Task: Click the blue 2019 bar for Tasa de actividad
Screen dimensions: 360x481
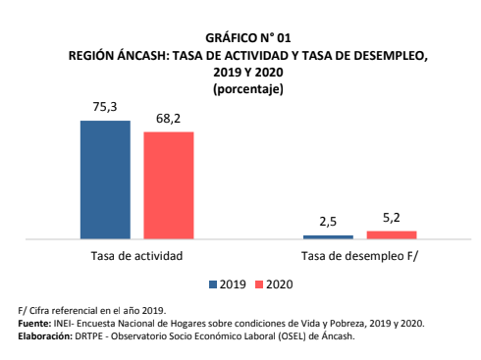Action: (x=105, y=180)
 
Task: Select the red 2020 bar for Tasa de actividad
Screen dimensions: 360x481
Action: (x=169, y=184)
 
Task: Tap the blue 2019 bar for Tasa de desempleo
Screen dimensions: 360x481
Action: (x=328, y=236)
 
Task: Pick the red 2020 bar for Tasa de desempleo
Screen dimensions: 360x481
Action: (x=392, y=234)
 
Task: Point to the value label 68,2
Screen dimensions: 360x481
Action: (x=169, y=119)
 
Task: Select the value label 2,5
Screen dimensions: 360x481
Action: (x=328, y=223)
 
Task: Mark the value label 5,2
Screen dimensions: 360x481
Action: (x=392, y=218)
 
